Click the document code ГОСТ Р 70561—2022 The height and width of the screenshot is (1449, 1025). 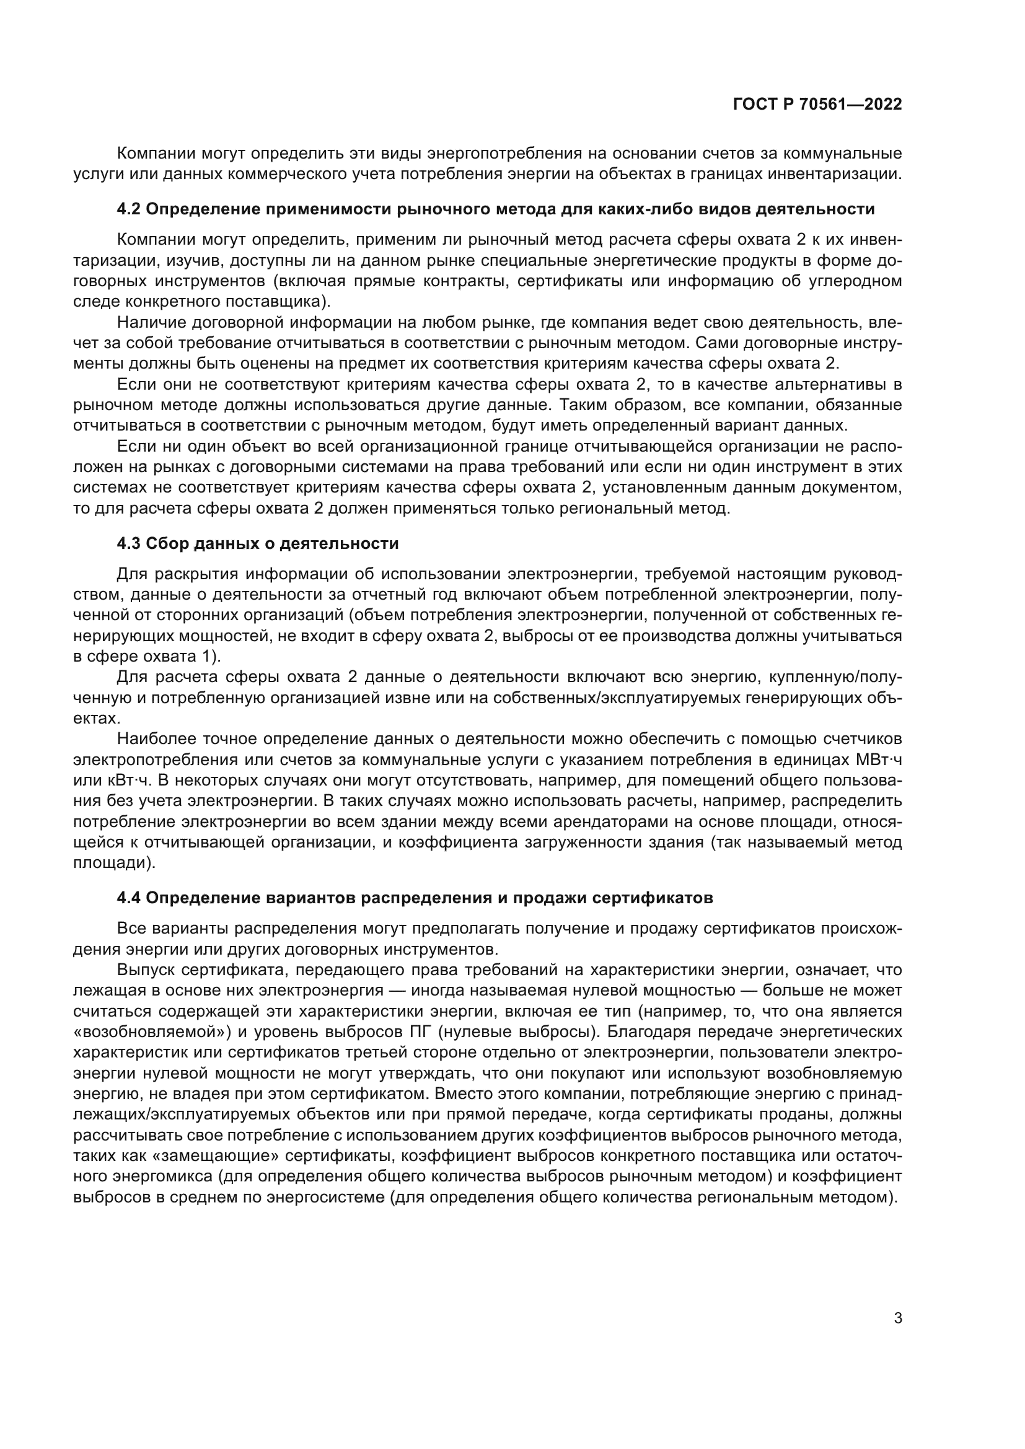(x=817, y=105)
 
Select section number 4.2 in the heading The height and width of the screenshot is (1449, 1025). (x=129, y=209)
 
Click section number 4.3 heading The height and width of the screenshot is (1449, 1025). (x=129, y=543)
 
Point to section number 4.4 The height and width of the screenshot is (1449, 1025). (x=129, y=898)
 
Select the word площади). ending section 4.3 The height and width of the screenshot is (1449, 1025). (x=114, y=863)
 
